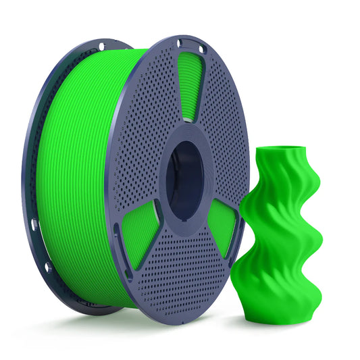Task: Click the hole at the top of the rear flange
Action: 101,47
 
